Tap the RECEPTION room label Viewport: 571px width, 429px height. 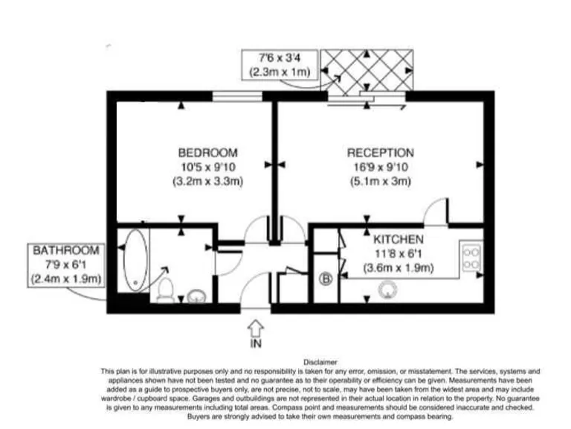381,153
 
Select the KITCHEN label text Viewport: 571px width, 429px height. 399,240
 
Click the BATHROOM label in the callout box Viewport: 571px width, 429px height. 66,250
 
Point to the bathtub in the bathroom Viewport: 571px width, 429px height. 135,261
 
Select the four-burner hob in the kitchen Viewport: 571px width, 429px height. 471,258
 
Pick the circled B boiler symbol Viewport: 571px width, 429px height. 325,280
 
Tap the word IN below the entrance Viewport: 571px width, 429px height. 255,345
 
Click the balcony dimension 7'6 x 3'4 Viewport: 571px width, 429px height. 280,58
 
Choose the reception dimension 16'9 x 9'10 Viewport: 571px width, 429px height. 381,167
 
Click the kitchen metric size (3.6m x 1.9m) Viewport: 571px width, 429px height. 399,268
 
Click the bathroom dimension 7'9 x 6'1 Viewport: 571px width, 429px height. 66,264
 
